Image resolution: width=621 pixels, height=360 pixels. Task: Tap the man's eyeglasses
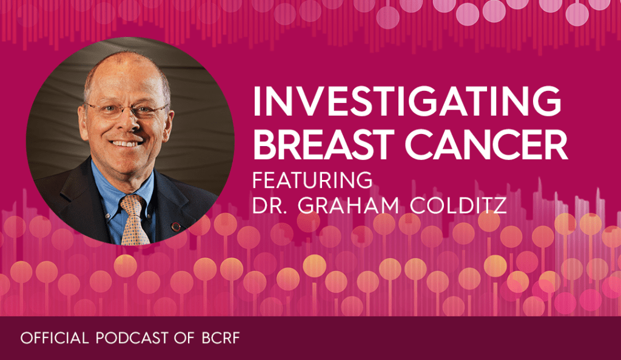click(x=126, y=110)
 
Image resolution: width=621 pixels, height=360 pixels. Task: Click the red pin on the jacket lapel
click(x=175, y=227)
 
